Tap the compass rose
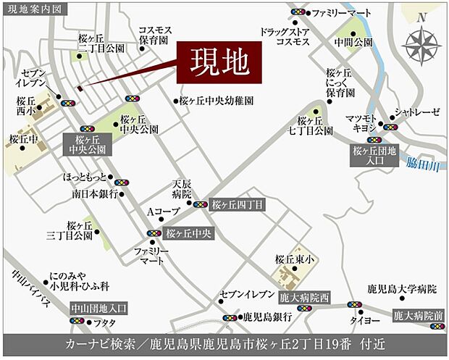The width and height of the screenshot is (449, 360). pyautogui.click(x=421, y=46)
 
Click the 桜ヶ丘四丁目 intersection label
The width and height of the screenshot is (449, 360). pyautogui.click(x=237, y=205)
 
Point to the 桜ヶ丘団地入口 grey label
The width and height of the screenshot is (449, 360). pyautogui.click(x=375, y=156)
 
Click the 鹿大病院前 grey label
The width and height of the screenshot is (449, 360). pyautogui.click(x=418, y=315)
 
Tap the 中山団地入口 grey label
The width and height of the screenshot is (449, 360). pyautogui.click(x=98, y=307)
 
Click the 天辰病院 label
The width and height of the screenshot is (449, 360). pyautogui.click(x=181, y=190)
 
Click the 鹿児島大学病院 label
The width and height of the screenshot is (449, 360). pyautogui.click(x=402, y=289)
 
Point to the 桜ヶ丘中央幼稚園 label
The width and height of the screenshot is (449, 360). pyautogui.click(x=217, y=102)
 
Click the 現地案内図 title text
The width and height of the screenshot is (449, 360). pyautogui.click(x=34, y=8)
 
